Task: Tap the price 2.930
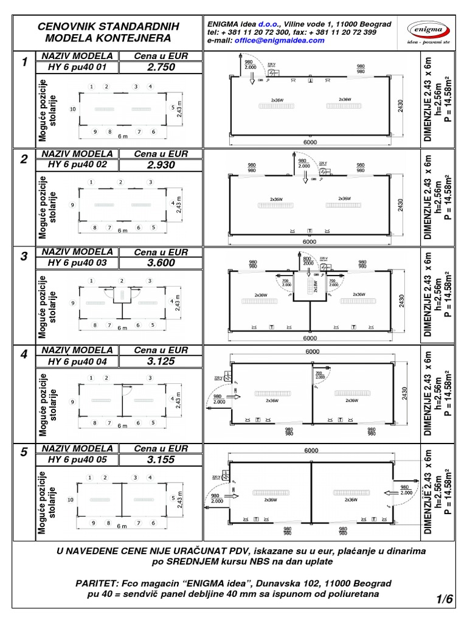pos(161,165)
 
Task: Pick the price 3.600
pos(161,263)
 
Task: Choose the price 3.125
pos(161,361)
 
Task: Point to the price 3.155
pos(161,459)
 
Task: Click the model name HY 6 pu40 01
pos(77,67)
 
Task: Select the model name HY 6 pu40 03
pos(77,263)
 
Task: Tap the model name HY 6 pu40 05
pos(77,459)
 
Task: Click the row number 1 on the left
pos(24,62)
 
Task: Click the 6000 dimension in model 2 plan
pos(310,242)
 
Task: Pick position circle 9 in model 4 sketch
pos(73,402)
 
